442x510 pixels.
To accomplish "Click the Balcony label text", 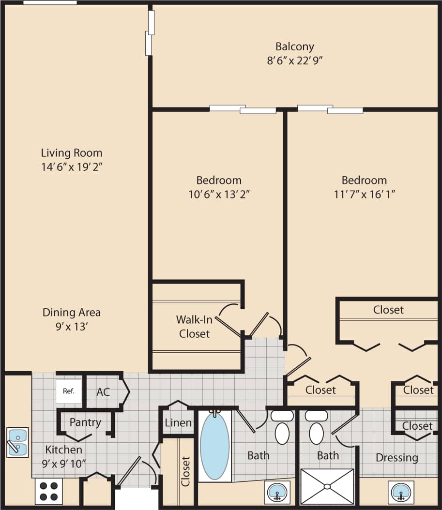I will coord(294,46).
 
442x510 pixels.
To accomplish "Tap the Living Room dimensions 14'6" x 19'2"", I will coord(72,167).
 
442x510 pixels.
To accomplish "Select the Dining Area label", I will coord(72,312).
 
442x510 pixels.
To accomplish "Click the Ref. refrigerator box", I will coord(68,391).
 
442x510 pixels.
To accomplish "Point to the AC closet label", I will coord(103,392).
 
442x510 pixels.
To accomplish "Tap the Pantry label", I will coord(85,422).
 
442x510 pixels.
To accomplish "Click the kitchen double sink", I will coord(18,442).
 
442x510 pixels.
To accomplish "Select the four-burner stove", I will coord(48,491).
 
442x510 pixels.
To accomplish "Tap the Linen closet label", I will coord(178,422).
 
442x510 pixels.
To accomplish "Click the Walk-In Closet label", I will coord(193,327).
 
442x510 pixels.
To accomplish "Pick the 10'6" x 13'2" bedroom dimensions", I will coord(219,195).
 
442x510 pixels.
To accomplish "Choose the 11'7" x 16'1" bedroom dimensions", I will coord(364,195).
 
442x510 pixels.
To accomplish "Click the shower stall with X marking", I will coord(327,486).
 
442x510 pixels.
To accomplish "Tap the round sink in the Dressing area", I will coord(400,492).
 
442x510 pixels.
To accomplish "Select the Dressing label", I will coord(396,457).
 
